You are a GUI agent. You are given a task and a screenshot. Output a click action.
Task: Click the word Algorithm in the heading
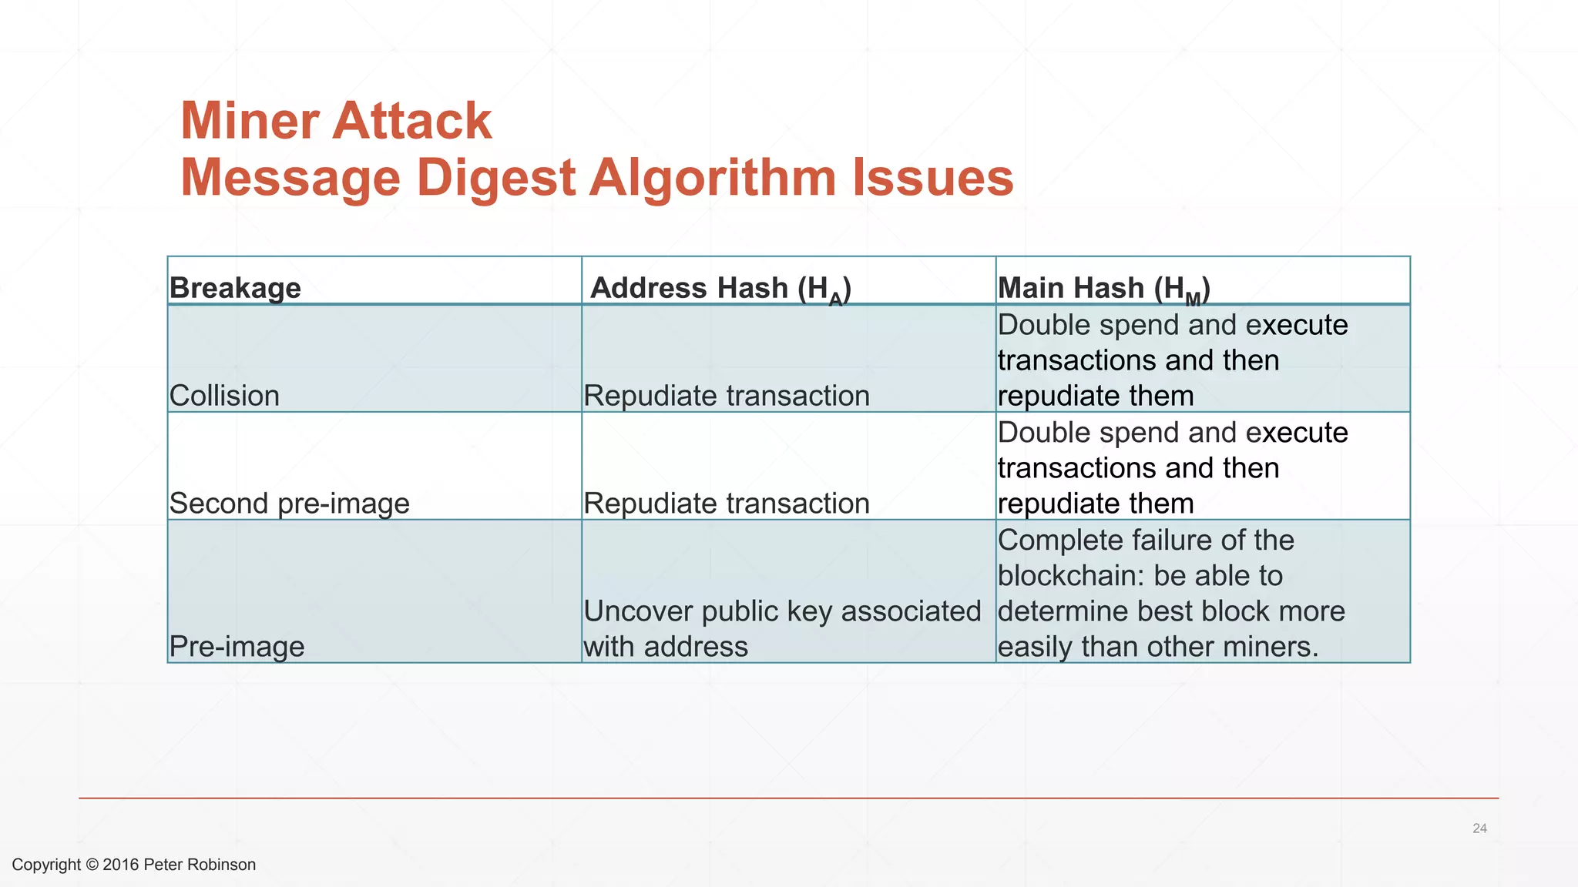coord(713,178)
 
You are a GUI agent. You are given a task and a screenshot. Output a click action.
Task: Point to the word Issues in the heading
coord(932,178)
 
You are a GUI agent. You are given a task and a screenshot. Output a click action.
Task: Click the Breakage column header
coord(235,288)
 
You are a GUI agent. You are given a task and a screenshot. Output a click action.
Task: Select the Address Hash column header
coord(720,289)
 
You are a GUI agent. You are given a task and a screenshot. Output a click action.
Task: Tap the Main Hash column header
coord(1103,289)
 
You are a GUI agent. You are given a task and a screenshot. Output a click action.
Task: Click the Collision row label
coord(224,396)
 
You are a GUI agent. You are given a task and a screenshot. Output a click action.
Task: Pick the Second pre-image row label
coord(289,504)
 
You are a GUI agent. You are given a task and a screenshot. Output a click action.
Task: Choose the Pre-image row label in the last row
coord(237,647)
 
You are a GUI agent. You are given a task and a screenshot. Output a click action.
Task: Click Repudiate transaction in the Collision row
coord(726,396)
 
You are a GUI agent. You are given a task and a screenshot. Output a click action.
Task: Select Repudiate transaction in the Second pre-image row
coord(726,504)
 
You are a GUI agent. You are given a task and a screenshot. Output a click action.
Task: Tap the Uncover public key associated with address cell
coord(781,628)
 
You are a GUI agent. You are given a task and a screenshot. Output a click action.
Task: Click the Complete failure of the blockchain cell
coord(1171,593)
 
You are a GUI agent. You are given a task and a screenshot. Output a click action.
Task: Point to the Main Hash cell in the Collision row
coord(1172,360)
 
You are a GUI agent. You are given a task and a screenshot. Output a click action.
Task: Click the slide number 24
coord(1479,828)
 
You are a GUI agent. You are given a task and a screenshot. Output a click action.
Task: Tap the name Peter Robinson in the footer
coord(200,865)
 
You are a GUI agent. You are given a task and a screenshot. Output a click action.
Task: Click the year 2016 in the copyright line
coord(120,865)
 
